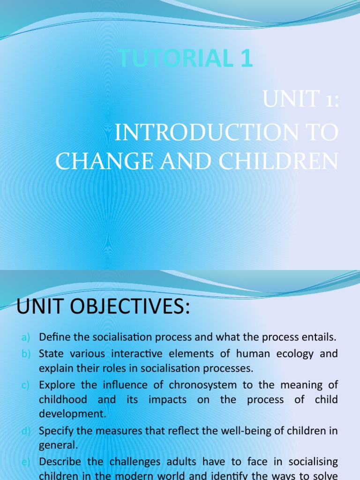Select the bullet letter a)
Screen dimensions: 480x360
pyautogui.click(x=26, y=337)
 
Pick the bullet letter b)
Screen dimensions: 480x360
pyautogui.click(x=26, y=354)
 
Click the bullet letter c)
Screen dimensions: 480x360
pyautogui.click(x=26, y=386)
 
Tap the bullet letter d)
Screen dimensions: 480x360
pyautogui.click(x=26, y=430)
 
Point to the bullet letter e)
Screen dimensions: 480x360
pyautogui.click(x=26, y=462)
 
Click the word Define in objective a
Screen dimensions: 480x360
pyautogui.click(x=53, y=337)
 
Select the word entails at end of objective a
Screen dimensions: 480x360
pyautogui.click(x=321, y=337)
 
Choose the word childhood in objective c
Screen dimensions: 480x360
pyautogui.click(x=63, y=399)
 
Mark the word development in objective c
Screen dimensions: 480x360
pyautogui.click(x=73, y=414)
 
